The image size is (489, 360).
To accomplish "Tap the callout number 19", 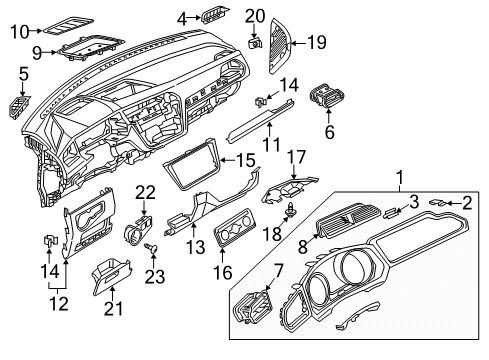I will pos(317,42).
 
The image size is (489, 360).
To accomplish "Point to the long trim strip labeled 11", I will pos(260,122).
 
